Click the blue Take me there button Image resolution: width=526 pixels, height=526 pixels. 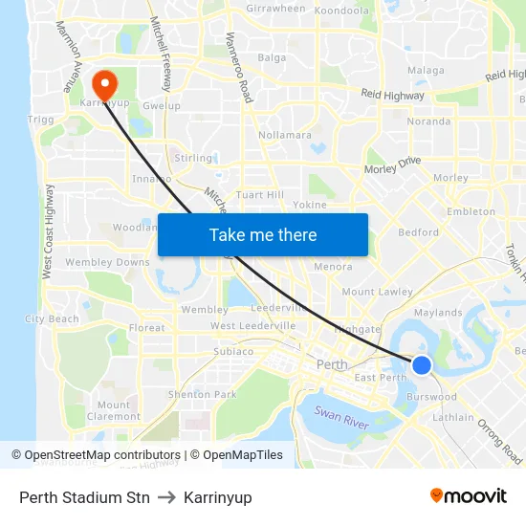(263, 235)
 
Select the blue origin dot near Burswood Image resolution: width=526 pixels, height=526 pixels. (421, 364)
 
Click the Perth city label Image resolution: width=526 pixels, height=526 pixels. (332, 365)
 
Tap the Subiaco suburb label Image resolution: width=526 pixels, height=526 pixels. (233, 351)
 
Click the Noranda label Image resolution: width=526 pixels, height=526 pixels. (428, 121)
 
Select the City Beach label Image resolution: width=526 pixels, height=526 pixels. (52, 318)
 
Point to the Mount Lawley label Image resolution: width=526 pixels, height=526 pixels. (377, 292)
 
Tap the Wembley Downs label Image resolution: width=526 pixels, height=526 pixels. (108, 262)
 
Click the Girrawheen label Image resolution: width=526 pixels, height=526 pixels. (275, 9)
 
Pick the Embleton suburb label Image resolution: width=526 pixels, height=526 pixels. (471, 211)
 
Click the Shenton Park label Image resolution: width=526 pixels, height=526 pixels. (202, 394)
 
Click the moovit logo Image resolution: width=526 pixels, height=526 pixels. (469, 495)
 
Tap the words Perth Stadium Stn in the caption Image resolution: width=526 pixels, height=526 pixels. (84, 497)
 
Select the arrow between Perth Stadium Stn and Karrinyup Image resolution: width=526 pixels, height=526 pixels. (166, 497)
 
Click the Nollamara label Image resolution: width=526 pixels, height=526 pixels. (285, 135)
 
